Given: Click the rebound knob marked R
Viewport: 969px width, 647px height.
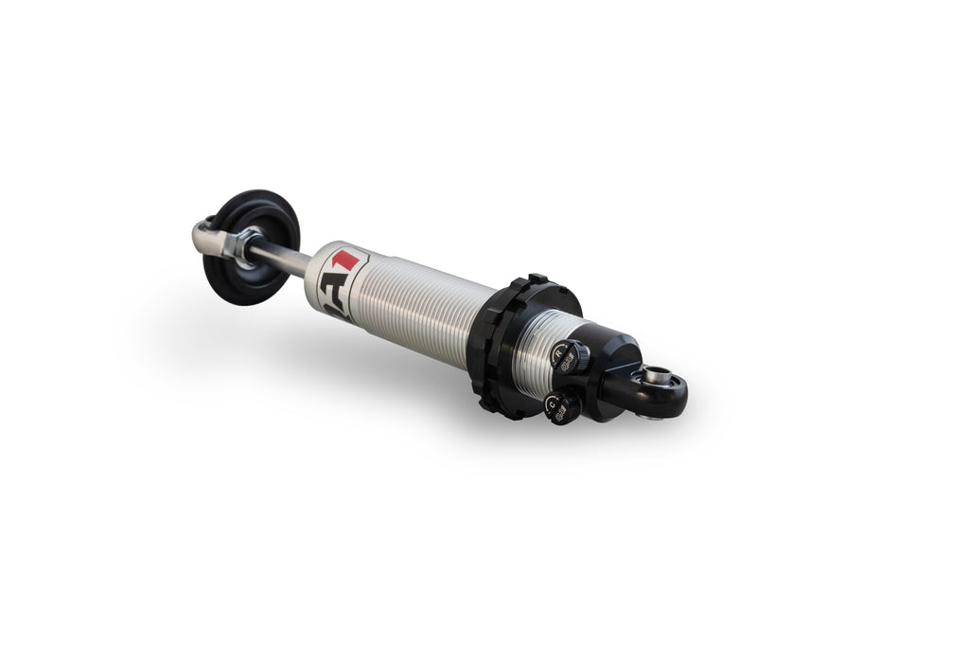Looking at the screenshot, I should [566, 356].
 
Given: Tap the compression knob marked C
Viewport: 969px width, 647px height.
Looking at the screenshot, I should [561, 407].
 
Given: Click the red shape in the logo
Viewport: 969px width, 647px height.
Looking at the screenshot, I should [349, 259].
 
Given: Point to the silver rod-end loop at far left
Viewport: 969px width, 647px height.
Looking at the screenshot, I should [204, 235].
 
